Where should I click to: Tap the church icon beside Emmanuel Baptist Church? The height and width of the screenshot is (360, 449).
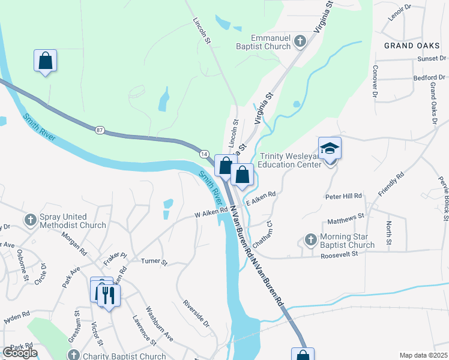pos(300,41)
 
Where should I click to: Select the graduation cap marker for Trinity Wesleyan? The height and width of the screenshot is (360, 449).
pos(330,148)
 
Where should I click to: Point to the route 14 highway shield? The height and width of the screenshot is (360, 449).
pos(204,154)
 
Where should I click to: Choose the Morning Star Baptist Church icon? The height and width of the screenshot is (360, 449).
pos(310,240)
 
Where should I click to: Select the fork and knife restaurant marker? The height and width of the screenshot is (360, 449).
pos(109,295)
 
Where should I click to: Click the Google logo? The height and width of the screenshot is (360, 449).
pos(20,353)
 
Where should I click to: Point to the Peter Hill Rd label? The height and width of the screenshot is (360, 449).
pos(344,196)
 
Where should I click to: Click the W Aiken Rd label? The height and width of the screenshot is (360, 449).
pos(211,212)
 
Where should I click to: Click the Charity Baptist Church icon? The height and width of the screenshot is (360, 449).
pos(73,355)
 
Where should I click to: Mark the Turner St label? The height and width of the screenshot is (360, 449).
pos(154,262)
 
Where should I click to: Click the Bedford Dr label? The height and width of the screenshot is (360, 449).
pos(430,78)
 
